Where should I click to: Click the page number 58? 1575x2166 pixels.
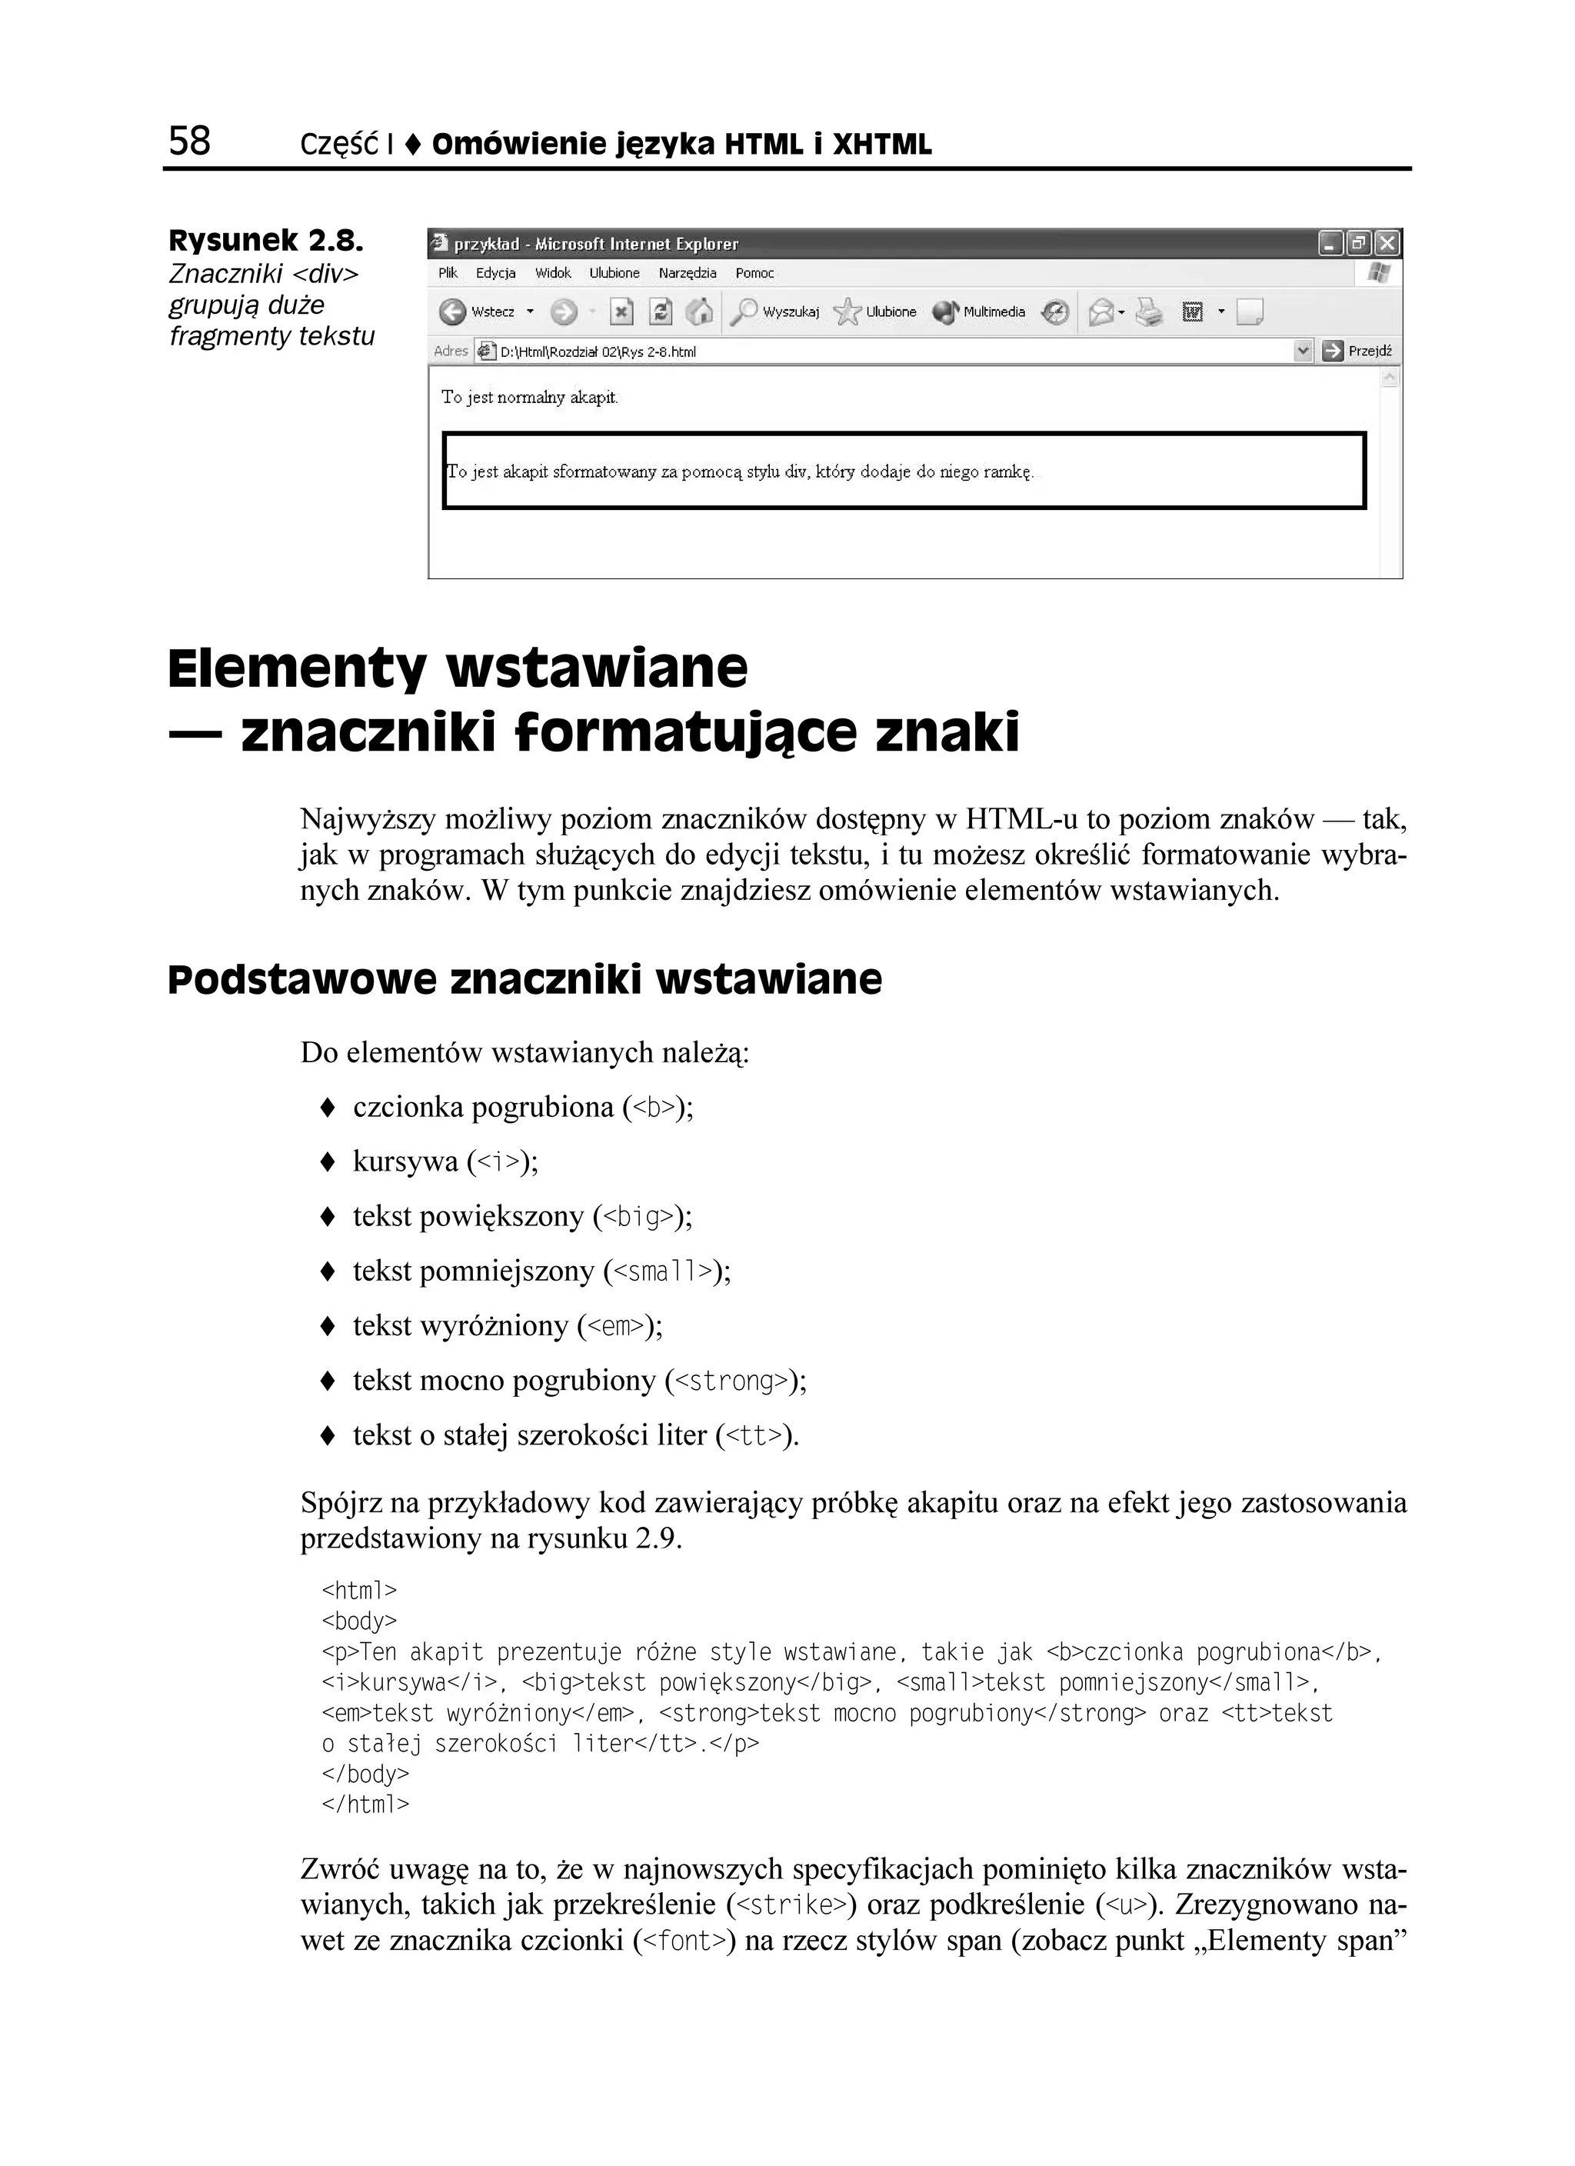189,141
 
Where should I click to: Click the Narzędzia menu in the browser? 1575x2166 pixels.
687,273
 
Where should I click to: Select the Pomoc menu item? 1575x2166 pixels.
754,273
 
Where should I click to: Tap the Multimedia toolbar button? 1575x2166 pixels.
979,312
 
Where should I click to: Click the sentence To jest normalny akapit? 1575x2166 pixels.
529,398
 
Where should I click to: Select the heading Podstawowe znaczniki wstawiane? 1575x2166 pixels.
524,980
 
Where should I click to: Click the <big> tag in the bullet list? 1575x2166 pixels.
638,1217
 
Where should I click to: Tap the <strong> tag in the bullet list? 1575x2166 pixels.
731,1381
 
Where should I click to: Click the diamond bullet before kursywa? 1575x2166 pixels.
328,1162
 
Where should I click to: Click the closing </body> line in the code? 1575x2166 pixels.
365,1774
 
